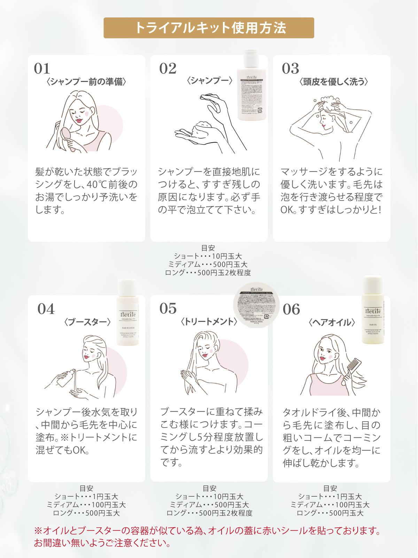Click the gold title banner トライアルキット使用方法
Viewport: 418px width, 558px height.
pos(209,28)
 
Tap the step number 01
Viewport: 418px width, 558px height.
pos(42,69)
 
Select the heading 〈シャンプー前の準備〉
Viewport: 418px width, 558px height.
pos(86,82)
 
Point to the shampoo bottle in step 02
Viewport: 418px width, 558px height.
pos(251,85)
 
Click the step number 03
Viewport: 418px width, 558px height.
pos(291,69)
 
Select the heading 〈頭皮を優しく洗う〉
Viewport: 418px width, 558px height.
pos(333,82)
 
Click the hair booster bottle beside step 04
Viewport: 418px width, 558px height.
pos(127,312)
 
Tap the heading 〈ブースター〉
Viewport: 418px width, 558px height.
pos(87,322)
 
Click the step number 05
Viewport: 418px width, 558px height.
pos(168,309)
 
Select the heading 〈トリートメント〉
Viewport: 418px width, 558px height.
pos(209,322)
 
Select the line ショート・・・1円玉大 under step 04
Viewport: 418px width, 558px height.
pos(86,497)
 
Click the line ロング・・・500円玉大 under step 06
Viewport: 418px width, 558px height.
pos(330,513)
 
